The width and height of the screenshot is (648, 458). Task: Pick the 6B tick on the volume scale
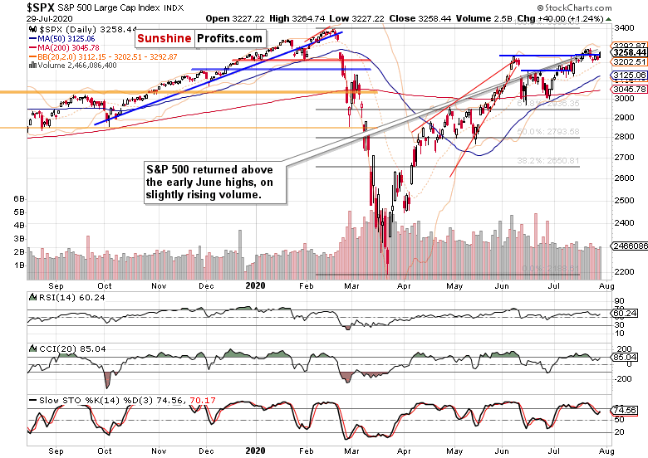click(x=18, y=199)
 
